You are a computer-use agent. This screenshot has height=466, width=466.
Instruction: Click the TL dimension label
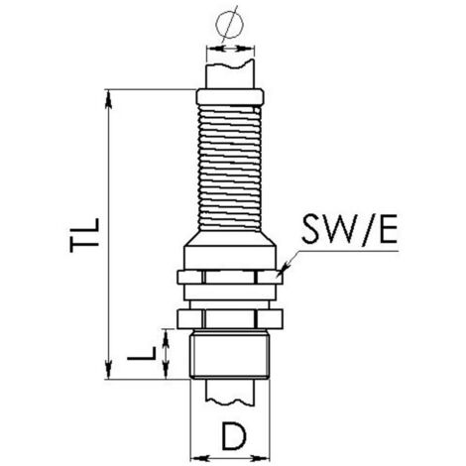pos(84,235)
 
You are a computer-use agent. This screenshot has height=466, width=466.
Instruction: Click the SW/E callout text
pos(349,229)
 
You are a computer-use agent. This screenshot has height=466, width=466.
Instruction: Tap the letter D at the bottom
pos(234,436)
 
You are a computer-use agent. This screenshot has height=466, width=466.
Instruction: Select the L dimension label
pos(142,353)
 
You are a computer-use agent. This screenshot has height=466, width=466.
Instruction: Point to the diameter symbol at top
pos(229,24)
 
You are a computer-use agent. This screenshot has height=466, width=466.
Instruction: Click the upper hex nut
pos(230,277)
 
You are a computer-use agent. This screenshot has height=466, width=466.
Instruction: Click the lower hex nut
pos(230,319)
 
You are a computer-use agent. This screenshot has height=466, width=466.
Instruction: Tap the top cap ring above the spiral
pos(230,96)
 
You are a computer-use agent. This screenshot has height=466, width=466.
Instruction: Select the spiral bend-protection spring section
pos(230,168)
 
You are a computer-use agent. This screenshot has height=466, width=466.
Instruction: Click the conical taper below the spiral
pos(230,239)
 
